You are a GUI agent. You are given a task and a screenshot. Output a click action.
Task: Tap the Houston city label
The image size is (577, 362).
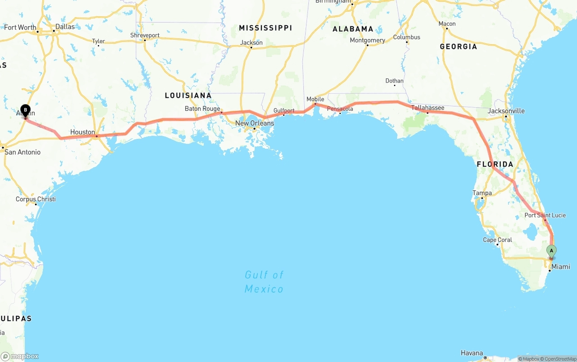(x=82, y=133)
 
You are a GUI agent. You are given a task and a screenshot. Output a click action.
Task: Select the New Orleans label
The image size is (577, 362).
(x=254, y=123)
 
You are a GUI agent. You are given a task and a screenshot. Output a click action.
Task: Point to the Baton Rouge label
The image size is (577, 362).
(x=202, y=109)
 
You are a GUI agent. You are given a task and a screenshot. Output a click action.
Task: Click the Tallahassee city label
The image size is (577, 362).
(x=427, y=108)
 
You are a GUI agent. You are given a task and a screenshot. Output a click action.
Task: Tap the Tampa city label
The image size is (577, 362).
(x=482, y=193)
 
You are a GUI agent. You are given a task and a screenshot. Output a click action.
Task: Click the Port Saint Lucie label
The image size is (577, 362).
(x=545, y=215)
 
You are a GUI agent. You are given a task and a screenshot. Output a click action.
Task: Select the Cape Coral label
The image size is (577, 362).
(x=497, y=240)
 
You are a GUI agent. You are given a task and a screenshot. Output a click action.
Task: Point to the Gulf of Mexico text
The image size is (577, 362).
(x=264, y=282)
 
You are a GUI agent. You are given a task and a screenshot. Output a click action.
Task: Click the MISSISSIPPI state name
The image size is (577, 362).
(x=265, y=28)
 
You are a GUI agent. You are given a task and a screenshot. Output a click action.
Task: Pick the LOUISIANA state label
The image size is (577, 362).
(x=188, y=96)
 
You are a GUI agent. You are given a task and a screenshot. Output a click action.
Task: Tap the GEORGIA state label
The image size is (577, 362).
(x=458, y=46)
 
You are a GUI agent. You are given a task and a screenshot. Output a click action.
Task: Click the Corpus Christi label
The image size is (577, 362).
(x=36, y=199)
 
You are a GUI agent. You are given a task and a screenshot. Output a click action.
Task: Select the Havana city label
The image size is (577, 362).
(x=472, y=353)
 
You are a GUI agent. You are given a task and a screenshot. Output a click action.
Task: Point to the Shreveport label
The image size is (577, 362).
(x=145, y=35)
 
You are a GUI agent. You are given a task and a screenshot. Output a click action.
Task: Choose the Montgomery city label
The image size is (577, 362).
(x=367, y=40)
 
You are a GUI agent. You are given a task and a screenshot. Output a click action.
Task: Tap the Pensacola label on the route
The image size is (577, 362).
(x=340, y=109)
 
